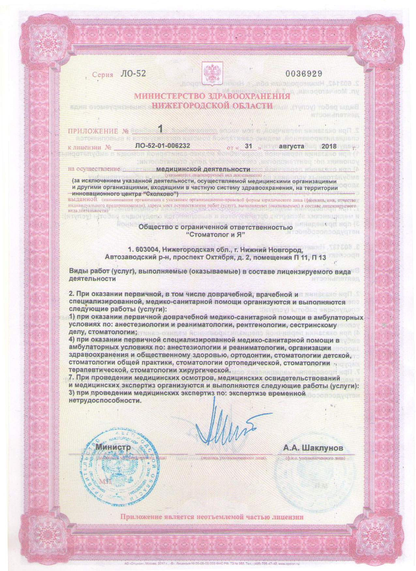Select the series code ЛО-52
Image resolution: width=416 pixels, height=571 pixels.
point(133,74)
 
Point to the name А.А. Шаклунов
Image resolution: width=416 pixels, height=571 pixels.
point(313,448)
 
